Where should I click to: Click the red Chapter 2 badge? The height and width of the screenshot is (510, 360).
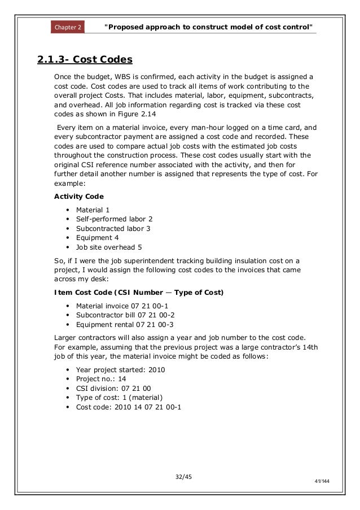[67, 27]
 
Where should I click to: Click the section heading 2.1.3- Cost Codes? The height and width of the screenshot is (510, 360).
[84, 59]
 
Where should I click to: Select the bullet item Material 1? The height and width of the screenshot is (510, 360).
[93, 210]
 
